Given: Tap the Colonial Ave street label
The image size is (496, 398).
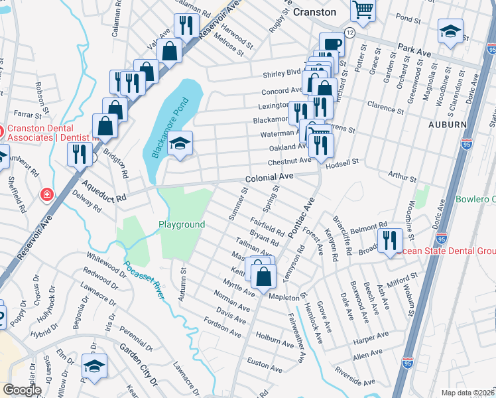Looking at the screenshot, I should point(269,178).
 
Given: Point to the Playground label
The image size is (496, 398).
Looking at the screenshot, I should point(181,224).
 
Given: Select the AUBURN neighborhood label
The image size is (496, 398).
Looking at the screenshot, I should point(448,124).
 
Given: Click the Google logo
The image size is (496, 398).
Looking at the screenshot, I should point(21,390).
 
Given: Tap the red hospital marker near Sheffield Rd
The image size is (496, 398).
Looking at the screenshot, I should point(46,194).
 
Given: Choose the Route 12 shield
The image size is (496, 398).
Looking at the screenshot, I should point(349,33).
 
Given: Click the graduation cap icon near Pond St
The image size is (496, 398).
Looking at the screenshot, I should point(450,31).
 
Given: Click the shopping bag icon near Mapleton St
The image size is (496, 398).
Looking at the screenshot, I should point(263,275).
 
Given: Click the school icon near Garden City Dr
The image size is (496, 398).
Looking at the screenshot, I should point(94,365).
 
